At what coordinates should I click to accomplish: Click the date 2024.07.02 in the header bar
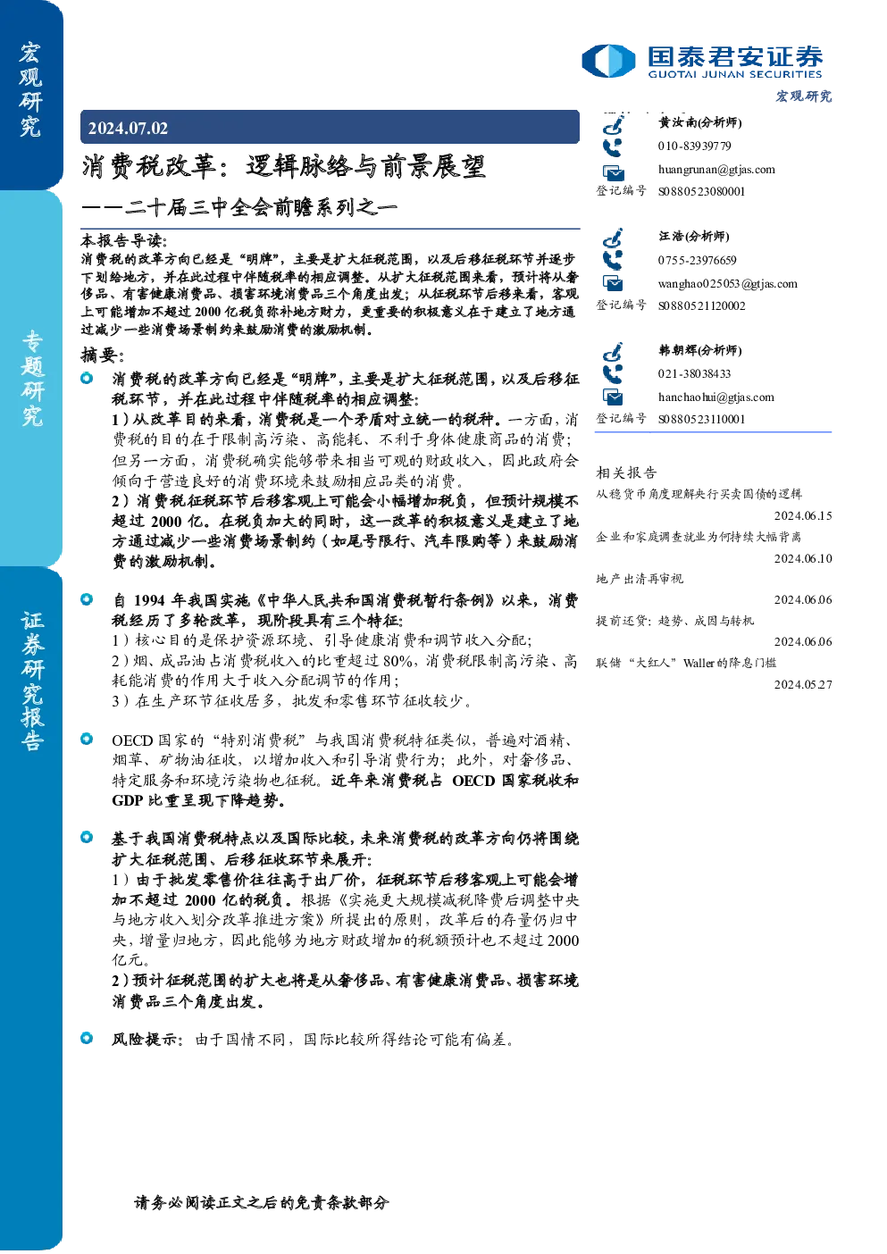coord(128,129)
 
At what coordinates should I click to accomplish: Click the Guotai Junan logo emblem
coord(608,61)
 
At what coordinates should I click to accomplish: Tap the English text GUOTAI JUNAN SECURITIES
coord(734,74)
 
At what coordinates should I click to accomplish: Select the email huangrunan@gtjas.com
coord(716,169)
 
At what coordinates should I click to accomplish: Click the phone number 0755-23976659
coord(697,260)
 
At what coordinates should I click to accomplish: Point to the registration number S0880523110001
coord(701,419)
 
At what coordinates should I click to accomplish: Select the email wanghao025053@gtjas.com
coord(727,284)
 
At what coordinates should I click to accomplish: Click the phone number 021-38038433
coord(694,373)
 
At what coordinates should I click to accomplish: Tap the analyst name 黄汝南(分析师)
coord(700,122)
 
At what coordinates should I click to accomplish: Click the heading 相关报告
coord(626,472)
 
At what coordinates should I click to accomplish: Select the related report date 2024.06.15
coord(803,515)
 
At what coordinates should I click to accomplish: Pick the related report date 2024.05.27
coord(803,684)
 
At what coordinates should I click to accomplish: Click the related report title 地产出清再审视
coord(640,578)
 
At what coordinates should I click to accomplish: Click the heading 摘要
coord(103,355)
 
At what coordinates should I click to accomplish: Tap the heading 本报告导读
coord(124,241)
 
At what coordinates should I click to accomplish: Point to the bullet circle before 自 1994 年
coord(87,599)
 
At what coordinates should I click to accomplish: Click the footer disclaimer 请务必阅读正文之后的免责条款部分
coord(261,1202)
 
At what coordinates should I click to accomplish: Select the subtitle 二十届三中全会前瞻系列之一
coord(261,208)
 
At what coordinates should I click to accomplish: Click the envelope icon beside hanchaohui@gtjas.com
coord(613,397)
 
